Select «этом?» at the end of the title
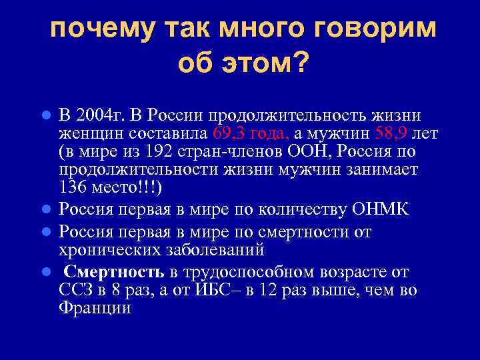tap(267, 64)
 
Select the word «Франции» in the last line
tap(95, 309)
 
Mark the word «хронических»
tap(109, 250)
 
